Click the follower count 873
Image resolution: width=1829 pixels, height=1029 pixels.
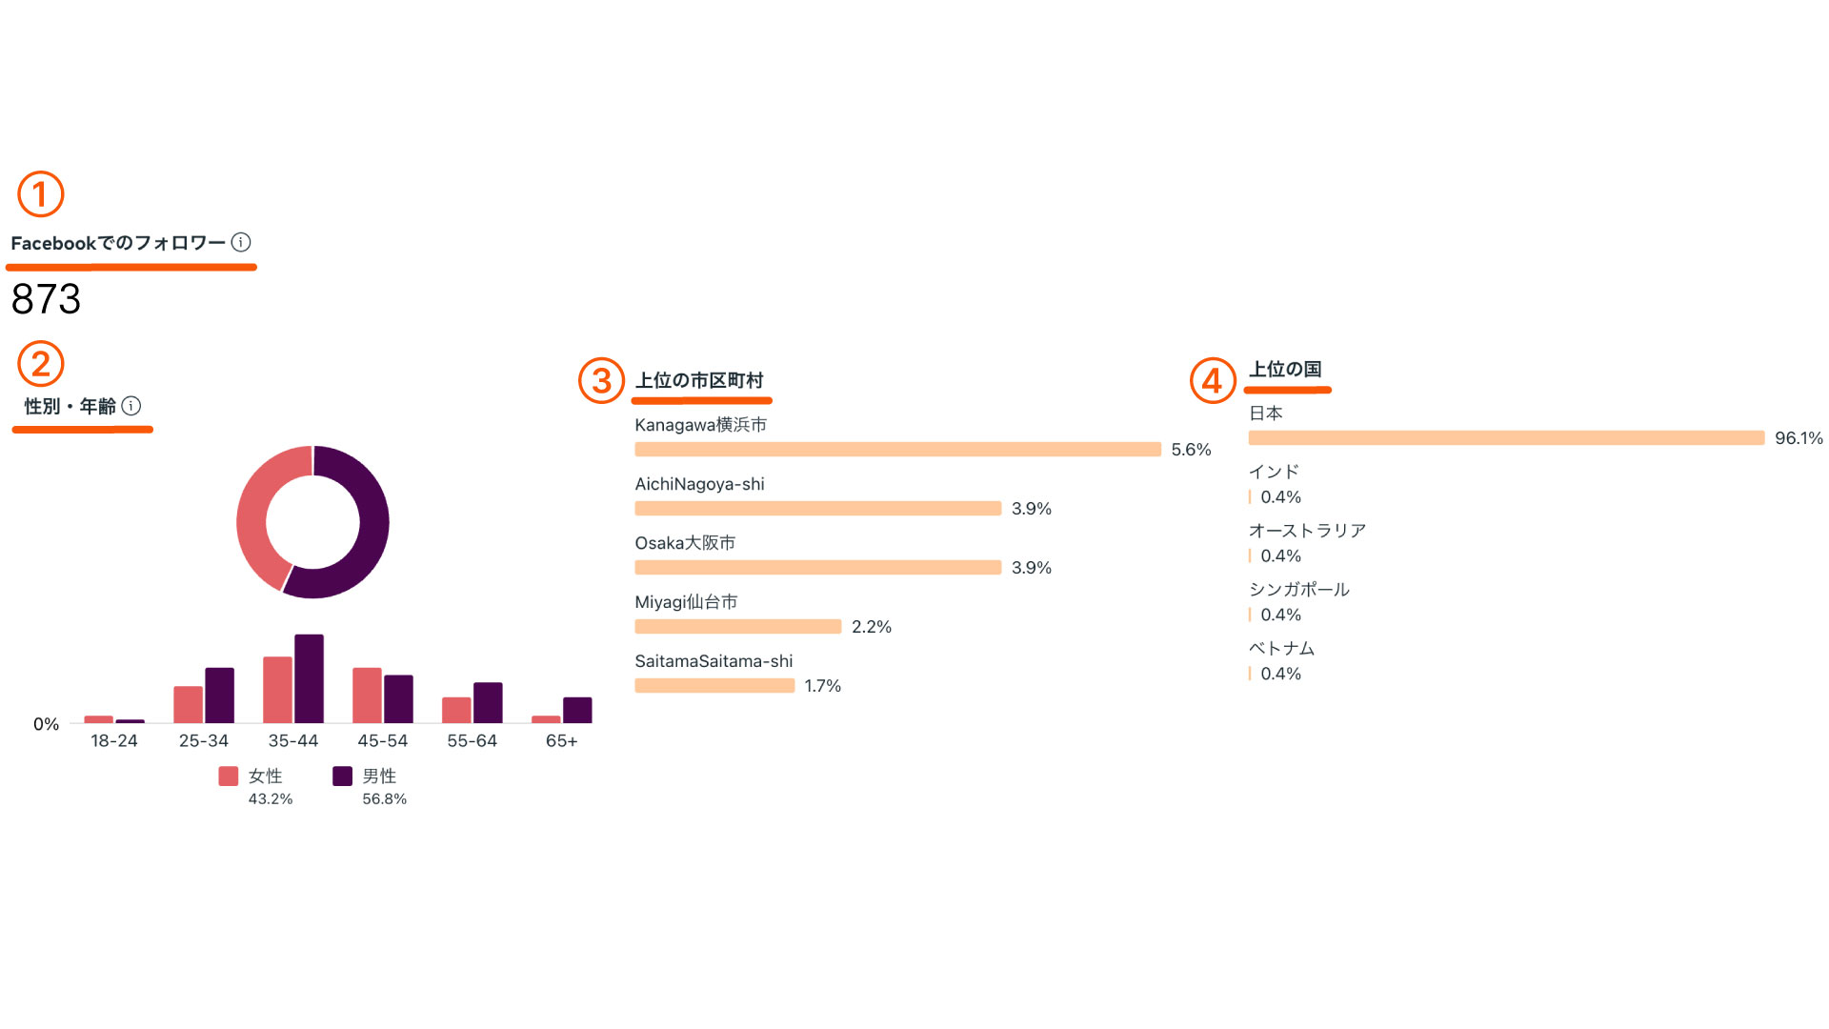coord(46,299)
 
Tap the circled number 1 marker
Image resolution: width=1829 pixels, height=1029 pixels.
coord(40,194)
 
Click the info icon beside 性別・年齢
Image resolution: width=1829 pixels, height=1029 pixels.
coord(131,406)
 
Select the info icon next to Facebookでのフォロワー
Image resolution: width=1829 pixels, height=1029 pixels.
coord(241,242)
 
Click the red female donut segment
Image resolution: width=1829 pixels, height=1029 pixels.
coord(255,514)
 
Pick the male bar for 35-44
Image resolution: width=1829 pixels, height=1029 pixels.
coord(309,678)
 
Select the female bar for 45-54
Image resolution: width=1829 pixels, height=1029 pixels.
coord(367,695)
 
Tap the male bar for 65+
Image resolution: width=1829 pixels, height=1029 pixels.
coord(577,710)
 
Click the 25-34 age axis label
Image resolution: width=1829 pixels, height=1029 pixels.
coord(204,741)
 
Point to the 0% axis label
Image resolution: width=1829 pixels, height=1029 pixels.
coord(46,724)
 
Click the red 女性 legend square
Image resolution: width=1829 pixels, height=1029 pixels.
coord(229,777)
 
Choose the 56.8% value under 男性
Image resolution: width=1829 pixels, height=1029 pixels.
coord(384,799)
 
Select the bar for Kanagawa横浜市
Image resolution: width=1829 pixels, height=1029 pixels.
coord(897,450)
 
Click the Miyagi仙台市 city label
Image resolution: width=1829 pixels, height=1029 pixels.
coord(686,602)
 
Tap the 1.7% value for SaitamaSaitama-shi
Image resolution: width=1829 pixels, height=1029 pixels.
coord(822,686)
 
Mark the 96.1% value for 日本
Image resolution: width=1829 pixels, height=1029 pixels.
coord(1799,438)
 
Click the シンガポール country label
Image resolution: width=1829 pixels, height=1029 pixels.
coord(1299,590)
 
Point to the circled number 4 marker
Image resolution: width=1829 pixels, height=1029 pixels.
coord(1213,380)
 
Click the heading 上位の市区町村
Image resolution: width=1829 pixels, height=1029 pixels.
coord(699,381)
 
